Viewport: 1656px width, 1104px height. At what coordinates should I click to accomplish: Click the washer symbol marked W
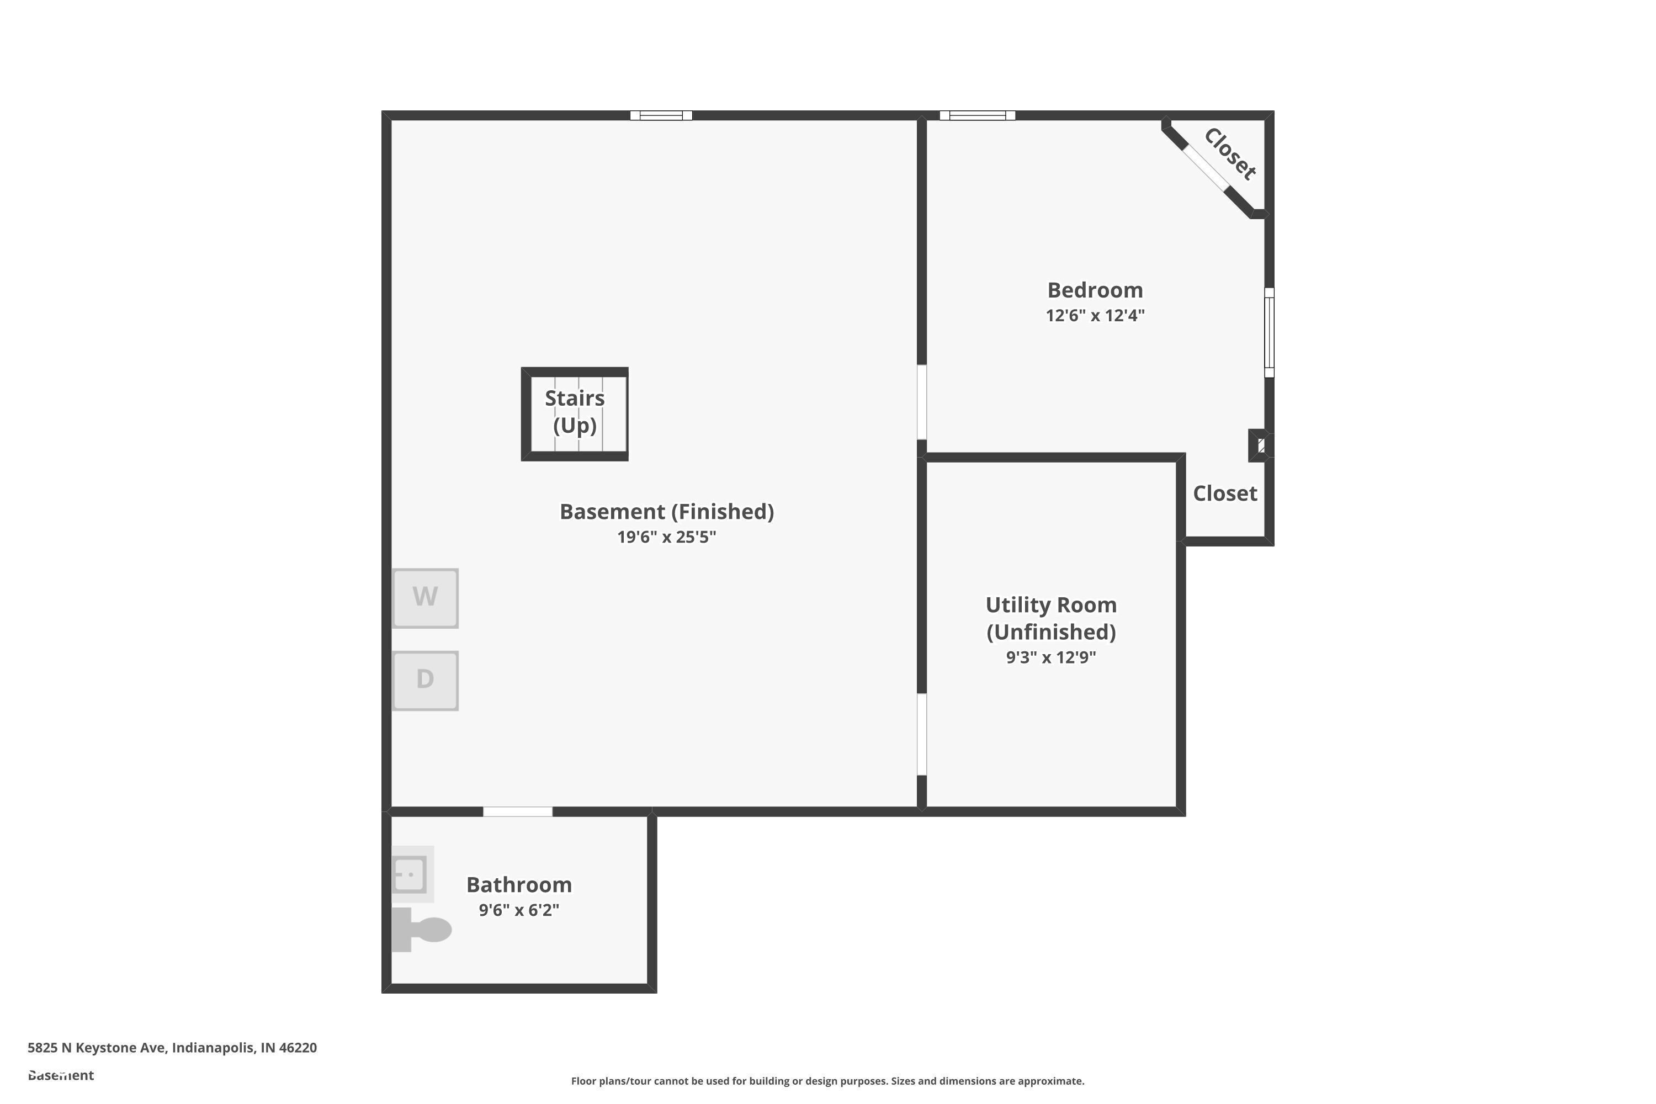pos(424,598)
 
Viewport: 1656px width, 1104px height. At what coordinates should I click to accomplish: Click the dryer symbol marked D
pos(424,680)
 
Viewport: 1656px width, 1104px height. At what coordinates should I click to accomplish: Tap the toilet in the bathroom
pos(422,930)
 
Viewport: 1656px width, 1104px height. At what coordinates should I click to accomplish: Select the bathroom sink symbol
pos(410,874)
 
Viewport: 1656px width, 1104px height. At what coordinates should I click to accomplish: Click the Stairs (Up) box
pos(575,414)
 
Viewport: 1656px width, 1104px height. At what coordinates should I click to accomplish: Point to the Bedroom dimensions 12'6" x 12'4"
pos(1095,315)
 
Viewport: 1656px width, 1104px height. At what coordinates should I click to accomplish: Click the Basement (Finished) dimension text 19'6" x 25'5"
pos(666,537)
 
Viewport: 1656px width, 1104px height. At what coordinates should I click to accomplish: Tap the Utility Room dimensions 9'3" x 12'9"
pos(1050,657)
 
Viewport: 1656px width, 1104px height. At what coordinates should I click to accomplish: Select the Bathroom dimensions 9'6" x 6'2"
pos(519,910)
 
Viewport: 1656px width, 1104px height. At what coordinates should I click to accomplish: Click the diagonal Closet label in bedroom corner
pos(1229,154)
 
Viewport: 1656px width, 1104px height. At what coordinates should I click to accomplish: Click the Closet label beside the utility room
pos(1224,493)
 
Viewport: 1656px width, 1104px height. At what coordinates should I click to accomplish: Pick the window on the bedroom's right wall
pos(1268,332)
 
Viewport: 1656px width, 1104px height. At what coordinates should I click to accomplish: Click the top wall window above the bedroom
pos(977,115)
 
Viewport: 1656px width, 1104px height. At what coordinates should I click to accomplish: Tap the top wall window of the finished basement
pos(660,115)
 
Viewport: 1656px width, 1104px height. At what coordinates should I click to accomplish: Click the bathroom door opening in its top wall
pos(518,812)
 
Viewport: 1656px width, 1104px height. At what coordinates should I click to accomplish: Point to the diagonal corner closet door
pos(1204,168)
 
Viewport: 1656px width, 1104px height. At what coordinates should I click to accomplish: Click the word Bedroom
pos(1095,290)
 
